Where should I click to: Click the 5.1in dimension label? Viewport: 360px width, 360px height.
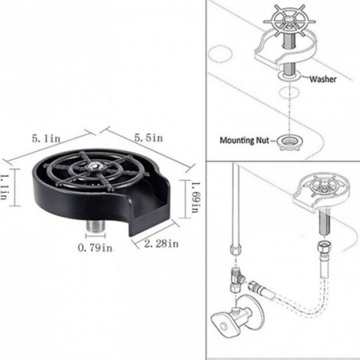click(46, 139)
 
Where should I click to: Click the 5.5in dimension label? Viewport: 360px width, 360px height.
click(148, 138)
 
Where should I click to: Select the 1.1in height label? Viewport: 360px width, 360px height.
click(4, 187)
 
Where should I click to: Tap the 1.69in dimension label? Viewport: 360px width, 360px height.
click(195, 198)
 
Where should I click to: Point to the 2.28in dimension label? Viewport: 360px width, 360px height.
click(161, 244)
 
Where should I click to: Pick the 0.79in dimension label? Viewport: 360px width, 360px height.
click(95, 248)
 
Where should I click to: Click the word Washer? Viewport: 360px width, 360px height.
click(323, 79)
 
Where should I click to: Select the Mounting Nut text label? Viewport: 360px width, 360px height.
click(245, 140)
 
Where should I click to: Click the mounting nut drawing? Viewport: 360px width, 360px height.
click(289, 142)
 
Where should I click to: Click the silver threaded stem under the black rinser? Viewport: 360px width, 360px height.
click(96, 226)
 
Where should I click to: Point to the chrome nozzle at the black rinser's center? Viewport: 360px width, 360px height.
click(94, 166)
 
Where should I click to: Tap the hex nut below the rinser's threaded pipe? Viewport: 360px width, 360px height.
click(323, 246)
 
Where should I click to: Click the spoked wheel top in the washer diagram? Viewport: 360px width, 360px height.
click(289, 24)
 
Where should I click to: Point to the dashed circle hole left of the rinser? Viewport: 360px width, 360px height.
click(220, 54)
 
